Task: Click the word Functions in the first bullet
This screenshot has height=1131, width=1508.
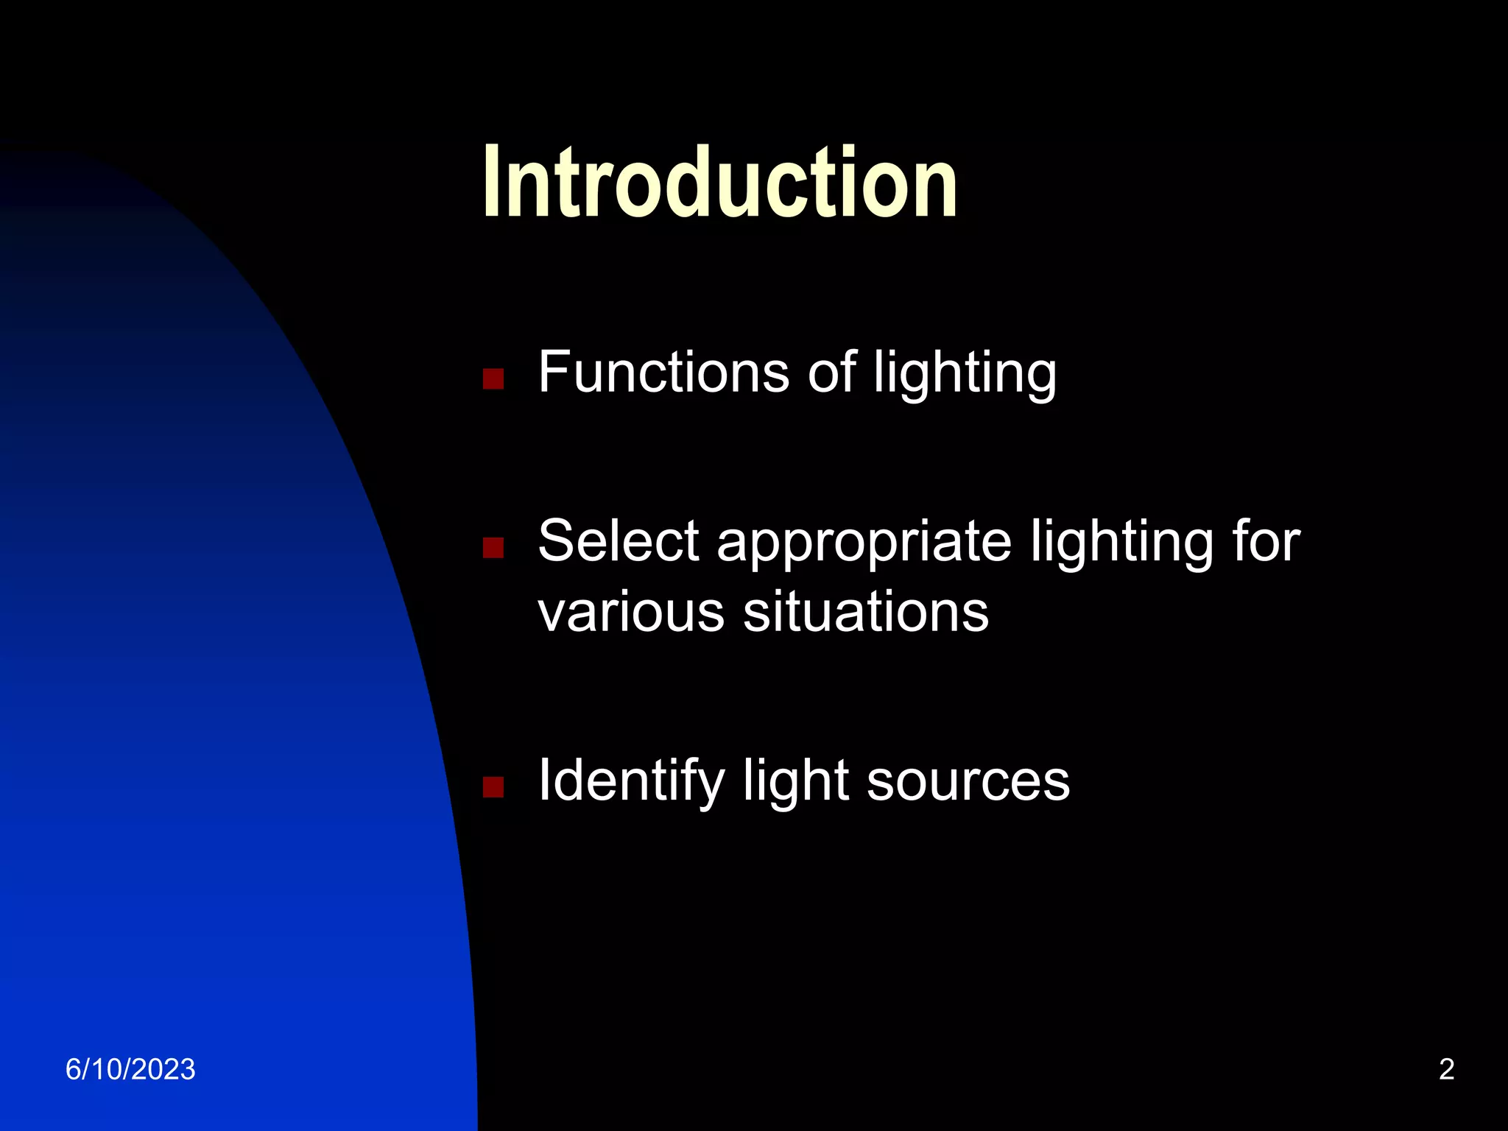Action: click(663, 373)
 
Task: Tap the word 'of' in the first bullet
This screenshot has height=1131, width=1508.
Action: click(831, 373)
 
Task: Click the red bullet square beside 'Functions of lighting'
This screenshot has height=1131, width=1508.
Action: click(493, 379)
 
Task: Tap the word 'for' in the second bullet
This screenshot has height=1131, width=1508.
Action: click(1266, 541)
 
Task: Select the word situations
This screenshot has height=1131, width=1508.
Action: click(865, 612)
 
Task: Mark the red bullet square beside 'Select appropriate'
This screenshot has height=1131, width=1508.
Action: click(493, 548)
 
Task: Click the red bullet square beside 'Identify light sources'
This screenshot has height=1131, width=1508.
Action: click(493, 788)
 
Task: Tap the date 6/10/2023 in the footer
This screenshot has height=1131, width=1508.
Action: click(130, 1070)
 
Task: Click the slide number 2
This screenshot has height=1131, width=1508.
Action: click(1446, 1070)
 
